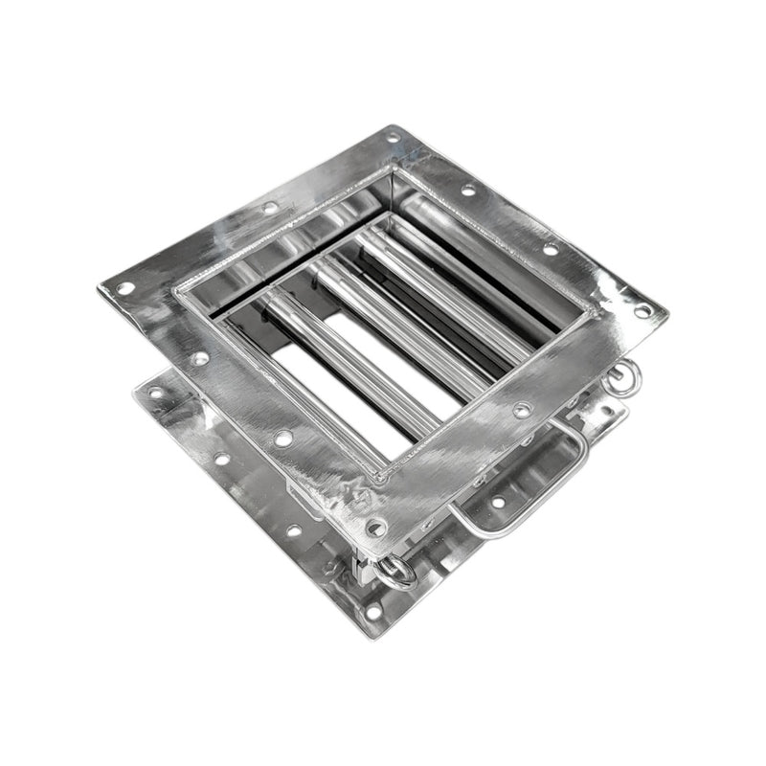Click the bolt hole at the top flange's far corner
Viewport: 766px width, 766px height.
tap(394, 137)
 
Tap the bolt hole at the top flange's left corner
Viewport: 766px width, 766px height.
tap(124, 287)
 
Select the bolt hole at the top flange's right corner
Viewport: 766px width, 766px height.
tap(642, 311)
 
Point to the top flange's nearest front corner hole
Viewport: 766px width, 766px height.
tap(376, 526)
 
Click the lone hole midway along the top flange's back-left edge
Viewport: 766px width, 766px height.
tap(271, 207)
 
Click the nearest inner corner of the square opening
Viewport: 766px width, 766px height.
tap(383, 474)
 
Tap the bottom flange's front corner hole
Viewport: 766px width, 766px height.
tap(372, 610)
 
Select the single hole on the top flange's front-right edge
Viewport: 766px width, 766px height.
tap(522, 410)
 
